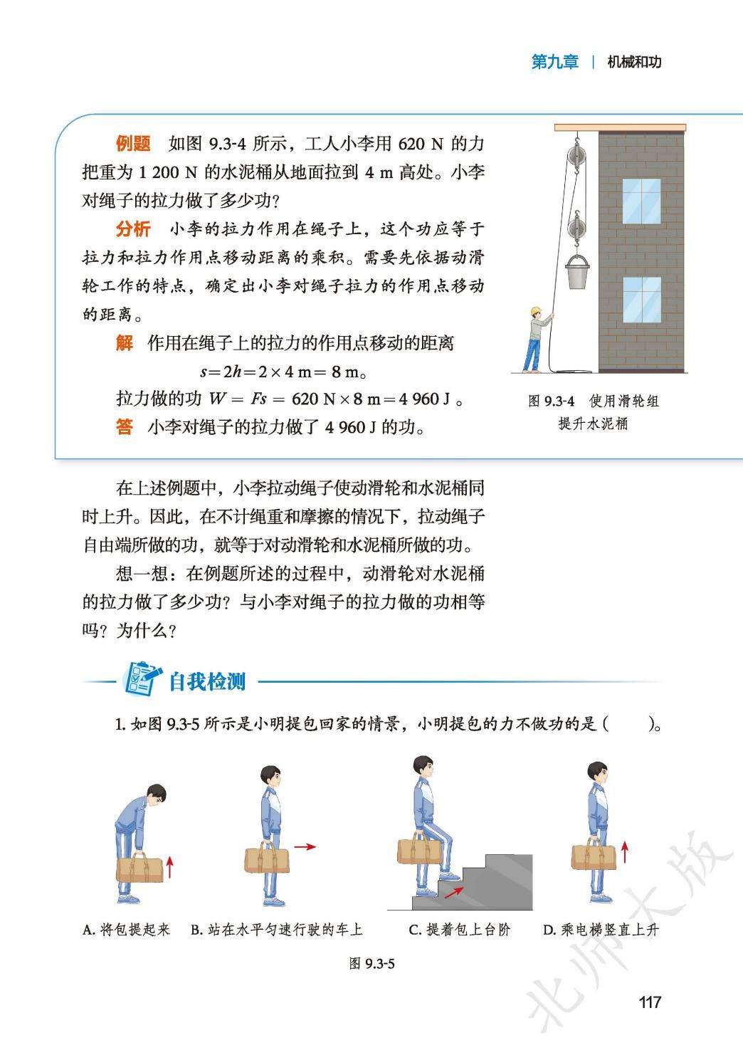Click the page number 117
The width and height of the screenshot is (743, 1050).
click(650, 1002)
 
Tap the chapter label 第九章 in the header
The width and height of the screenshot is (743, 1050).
click(555, 62)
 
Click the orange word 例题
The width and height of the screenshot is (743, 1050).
click(134, 143)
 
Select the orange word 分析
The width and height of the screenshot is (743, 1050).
click(134, 229)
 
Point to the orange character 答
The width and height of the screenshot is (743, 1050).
click(125, 426)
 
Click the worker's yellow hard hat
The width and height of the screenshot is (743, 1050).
click(535, 310)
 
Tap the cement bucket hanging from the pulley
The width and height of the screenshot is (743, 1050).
click(577, 273)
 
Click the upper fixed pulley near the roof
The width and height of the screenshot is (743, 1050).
click(576, 154)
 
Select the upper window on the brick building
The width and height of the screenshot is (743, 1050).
click(642, 201)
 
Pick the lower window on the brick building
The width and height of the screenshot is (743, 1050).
click(642, 300)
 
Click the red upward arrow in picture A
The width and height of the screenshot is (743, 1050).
click(169, 867)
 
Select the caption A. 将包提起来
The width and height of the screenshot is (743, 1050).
click(127, 930)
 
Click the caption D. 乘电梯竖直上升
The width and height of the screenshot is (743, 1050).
click(601, 930)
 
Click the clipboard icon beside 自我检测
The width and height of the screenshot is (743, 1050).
click(142, 678)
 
